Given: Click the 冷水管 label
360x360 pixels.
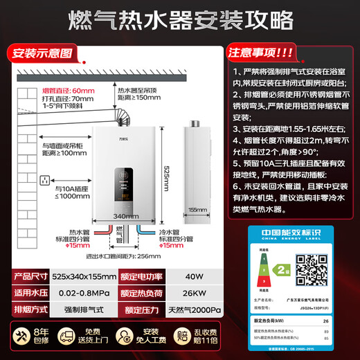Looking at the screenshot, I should click(170, 233).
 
